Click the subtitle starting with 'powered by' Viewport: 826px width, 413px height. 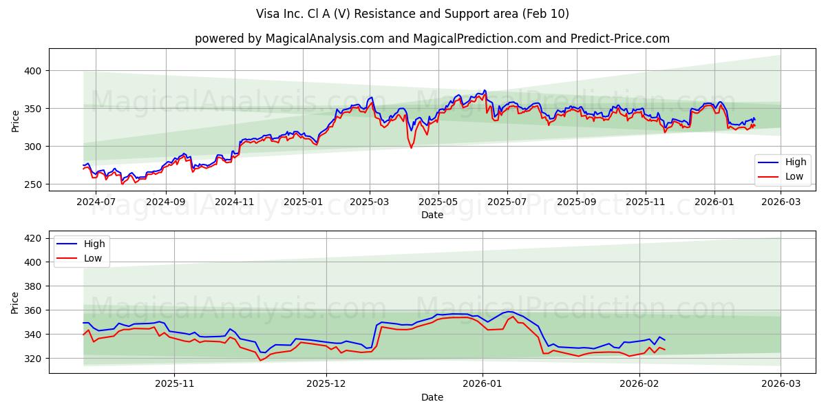pyautogui.click(x=432, y=39)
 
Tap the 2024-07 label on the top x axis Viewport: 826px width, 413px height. pyautogui.click(x=96, y=202)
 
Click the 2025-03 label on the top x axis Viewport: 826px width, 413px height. pyautogui.click(x=370, y=202)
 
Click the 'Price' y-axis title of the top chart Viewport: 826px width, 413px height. pyautogui.click(x=15, y=120)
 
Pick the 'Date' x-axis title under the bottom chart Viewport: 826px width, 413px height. pyautogui.click(x=432, y=398)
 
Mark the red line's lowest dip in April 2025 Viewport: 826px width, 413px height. pyautogui.click(x=412, y=148)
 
